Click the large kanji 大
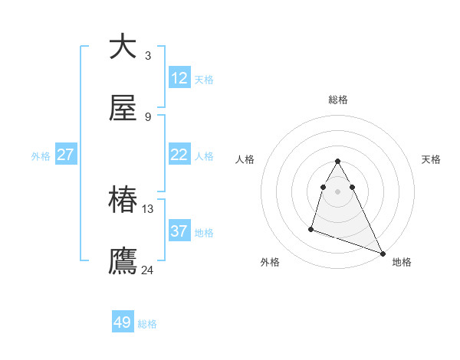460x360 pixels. click(x=123, y=47)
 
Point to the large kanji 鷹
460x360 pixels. click(x=123, y=261)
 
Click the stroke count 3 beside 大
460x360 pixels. click(x=148, y=55)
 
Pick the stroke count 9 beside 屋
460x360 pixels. click(x=148, y=116)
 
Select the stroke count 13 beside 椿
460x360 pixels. click(x=148, y=208)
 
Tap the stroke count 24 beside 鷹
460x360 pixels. click(x=148, y=270)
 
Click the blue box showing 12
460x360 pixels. click(x=179, y=78)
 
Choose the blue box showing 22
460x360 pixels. click(x=179, y=155)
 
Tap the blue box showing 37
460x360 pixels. click(x=179, y=231)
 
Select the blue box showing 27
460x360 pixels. click(x=66, y=155)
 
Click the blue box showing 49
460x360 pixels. click(x=123, y=322)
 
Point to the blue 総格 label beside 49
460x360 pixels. click(x=147, y=324)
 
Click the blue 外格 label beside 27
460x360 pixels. click(x=41, y=156)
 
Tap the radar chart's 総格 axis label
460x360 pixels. click(x=338, y=100)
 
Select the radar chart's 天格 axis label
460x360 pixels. click(x=432, y=159)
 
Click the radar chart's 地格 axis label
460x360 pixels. click(x=402, y=262)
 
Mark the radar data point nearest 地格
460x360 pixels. click(x=383, y=254)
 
